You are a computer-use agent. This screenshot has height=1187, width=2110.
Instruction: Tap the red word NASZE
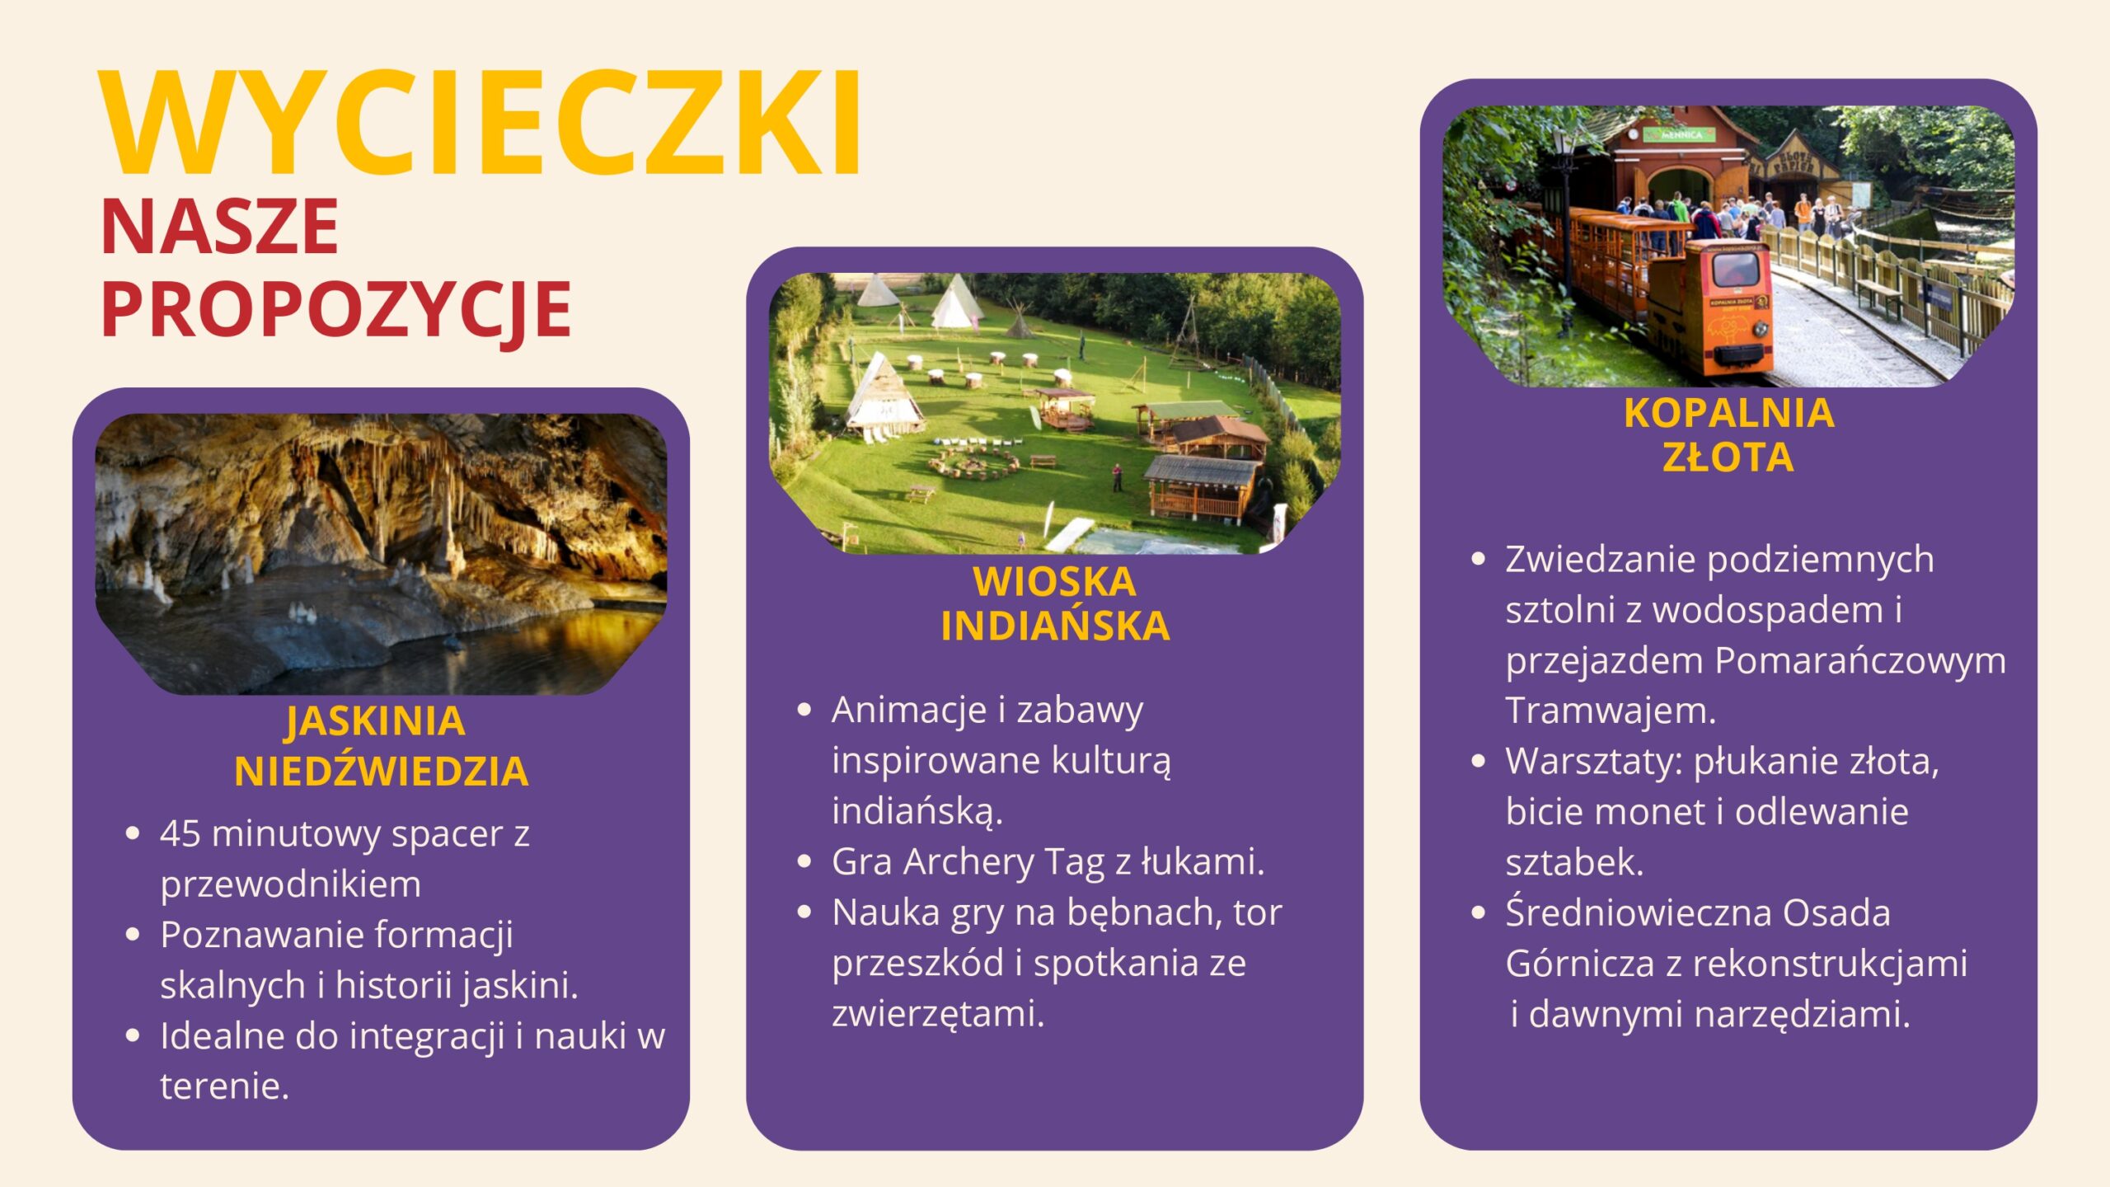tap(219, 227)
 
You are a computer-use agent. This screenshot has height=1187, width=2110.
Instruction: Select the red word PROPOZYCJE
tap(336, 310)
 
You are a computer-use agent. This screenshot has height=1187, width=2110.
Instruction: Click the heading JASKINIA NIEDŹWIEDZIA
tap(380, 746)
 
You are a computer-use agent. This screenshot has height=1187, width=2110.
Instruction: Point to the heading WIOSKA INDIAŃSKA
tap(1055, 604)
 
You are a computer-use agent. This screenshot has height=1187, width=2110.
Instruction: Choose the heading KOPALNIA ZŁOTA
tap(1729, 434)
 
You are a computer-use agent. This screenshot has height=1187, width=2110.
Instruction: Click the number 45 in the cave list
tap(181, 833)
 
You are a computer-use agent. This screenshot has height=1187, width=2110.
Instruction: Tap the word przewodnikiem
tap(291, 884)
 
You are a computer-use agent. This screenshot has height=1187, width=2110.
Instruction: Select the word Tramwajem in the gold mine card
tap(1611, 711)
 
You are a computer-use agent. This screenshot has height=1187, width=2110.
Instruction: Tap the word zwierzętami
tap(938, 1014)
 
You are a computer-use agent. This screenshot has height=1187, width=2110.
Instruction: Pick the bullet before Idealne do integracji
tap(133, 1036)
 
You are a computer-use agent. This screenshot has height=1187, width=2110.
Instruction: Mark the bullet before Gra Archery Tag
tap(805, 862)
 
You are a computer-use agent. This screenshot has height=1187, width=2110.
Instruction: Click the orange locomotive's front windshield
tap(1736, 269)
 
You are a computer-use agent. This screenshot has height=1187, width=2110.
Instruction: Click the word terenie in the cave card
tap(225, 1086)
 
